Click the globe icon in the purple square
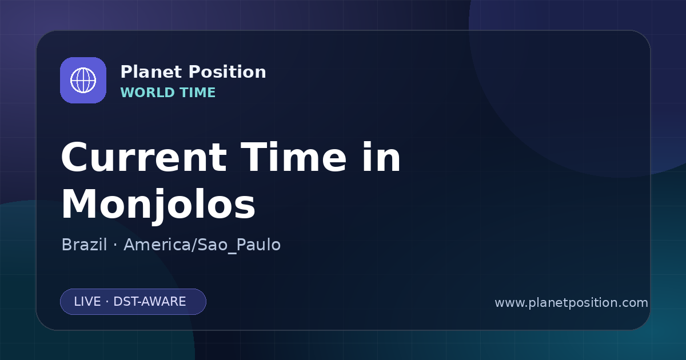83,80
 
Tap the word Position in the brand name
228,72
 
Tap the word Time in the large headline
293,157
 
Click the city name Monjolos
158,204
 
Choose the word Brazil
84,245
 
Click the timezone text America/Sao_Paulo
202,245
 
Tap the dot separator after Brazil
115,245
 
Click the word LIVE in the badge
87,302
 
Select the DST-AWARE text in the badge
149,302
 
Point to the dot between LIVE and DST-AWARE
107,302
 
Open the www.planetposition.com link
572,303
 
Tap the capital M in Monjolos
78,204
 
